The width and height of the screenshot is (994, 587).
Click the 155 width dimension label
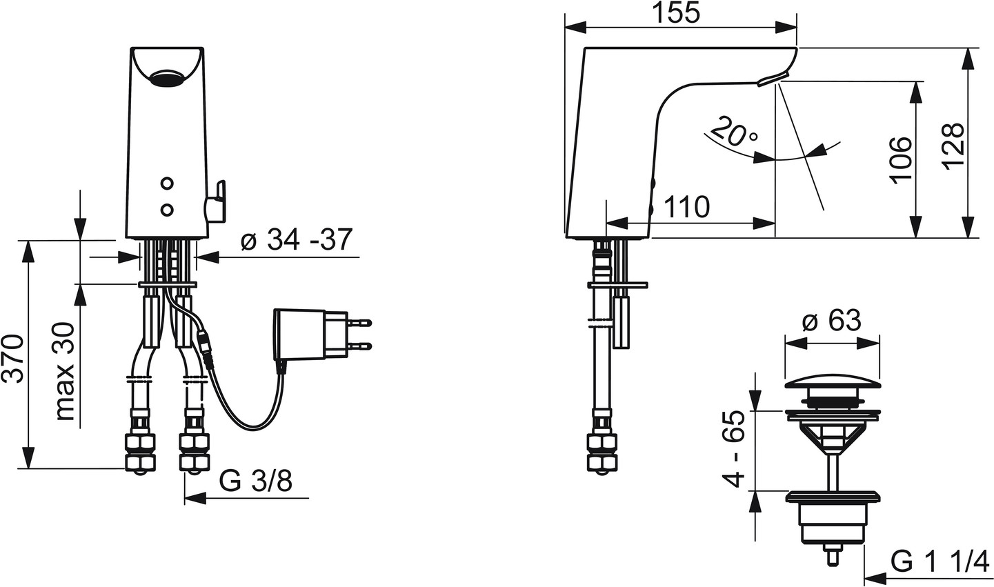click(677, 13)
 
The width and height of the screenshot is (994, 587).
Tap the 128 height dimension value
click(953, 146)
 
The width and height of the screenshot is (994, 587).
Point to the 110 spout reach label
click(687, 207)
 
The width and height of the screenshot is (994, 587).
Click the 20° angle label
click(735, 131)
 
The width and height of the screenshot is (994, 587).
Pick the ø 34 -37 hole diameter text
click(297, 239)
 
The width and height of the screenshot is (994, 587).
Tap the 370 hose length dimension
click(12, 359)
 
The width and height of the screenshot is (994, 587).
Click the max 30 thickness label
click(64, 372)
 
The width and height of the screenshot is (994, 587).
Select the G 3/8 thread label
click(256, 481)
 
